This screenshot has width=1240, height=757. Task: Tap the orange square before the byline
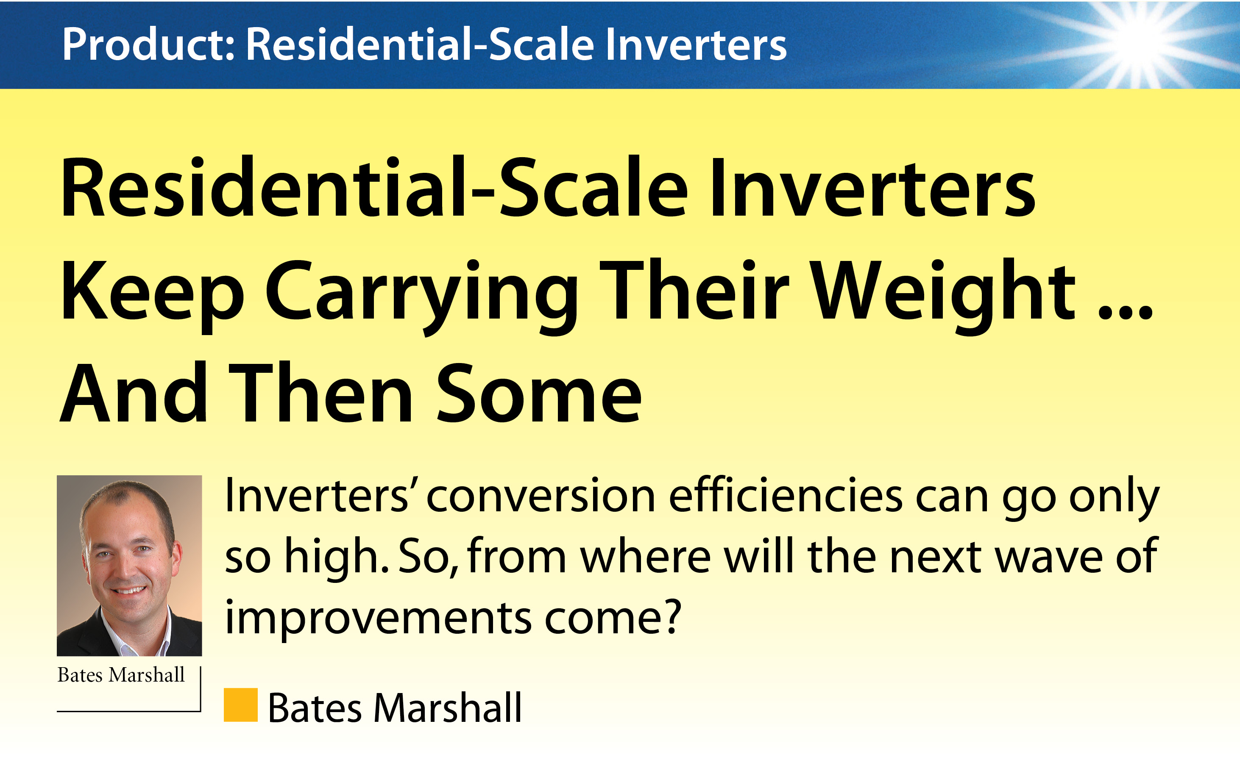point(240,705)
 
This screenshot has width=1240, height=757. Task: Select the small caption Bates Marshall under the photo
point(121,675)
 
